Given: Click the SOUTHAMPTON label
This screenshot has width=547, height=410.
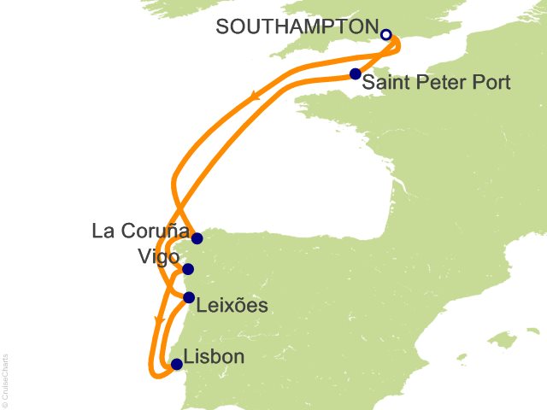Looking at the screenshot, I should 295,26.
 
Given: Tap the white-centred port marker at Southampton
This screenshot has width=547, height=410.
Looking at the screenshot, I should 385,35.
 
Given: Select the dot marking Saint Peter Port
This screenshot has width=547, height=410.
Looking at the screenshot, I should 355,74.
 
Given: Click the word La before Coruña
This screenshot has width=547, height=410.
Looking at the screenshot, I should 103,231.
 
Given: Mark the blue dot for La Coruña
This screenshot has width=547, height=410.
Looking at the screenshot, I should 197,238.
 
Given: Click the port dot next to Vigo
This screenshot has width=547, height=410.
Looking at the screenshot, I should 188,269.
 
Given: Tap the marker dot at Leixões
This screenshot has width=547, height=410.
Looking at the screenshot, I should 189,297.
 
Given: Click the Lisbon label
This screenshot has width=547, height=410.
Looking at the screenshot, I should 214,357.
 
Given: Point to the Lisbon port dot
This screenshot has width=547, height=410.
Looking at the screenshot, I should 177,364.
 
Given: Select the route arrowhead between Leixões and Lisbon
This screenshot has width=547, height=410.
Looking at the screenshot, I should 157,319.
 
